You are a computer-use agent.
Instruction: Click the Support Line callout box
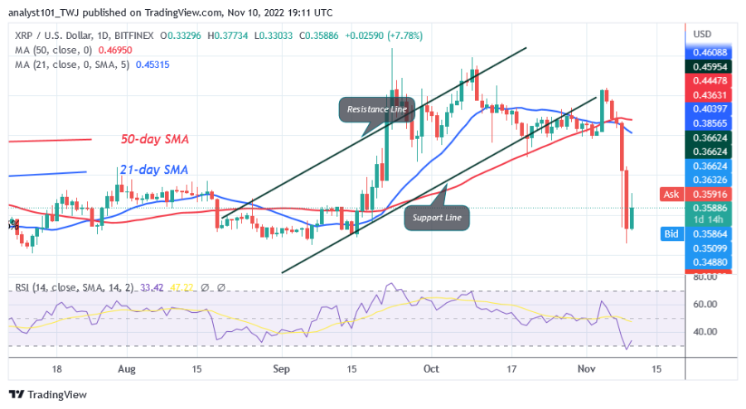pyautogui.click(x=437, y=218)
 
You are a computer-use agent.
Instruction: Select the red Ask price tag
pyautogui.click(x=671, y=194)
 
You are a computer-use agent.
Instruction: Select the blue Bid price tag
pyautogui.click(x=671, y=235)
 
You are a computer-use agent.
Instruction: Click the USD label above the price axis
pyautogui.click(x=702, y=34)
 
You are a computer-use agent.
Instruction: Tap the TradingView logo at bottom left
pyautogui.click(x=48, y=395)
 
